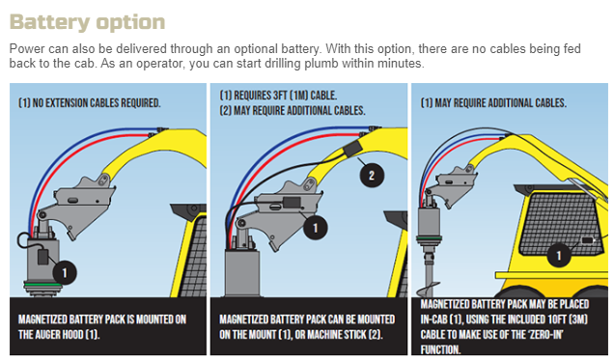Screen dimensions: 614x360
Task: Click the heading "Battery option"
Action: [x=87, y=22]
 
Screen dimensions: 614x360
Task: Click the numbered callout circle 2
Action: [x=372, y=176]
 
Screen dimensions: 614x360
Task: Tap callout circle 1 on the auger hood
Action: [x=65, y=272]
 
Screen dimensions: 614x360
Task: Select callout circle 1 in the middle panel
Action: [x=316, y=228]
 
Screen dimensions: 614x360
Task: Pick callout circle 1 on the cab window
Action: [x=559, y=255]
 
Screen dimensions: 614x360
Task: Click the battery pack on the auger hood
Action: [x=42, y=257]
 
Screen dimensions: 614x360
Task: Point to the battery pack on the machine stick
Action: [x=352, y=149]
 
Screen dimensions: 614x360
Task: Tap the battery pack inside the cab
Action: [x=587, y=240]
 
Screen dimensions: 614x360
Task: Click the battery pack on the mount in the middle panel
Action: [x=292, y=203]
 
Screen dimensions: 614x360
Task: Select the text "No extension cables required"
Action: [x=97, y=103]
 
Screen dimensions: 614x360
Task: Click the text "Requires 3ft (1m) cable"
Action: [x=285, y=96]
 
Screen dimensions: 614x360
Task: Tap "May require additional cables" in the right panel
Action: [x=500, y=103]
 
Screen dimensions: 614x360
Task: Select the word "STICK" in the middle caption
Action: [x=351, y=335]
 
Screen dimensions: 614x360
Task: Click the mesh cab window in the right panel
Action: [x=559, y=224]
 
